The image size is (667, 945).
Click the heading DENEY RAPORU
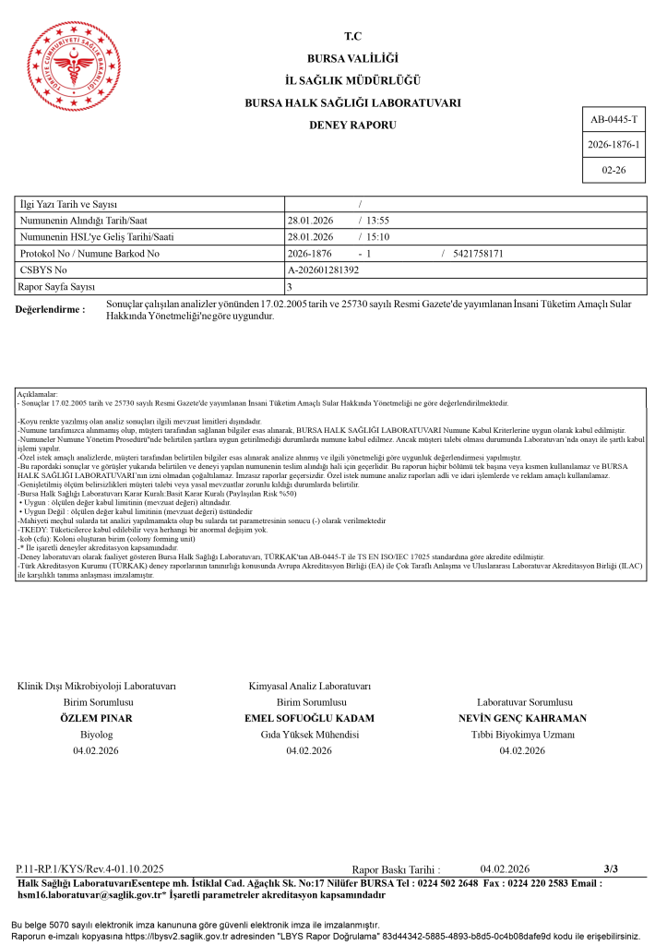(352, 124)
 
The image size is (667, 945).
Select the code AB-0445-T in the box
(613, 121)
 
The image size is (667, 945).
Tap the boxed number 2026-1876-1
(613, 146)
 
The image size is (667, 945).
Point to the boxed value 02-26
(613, 171)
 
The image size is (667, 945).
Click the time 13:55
(378, 220)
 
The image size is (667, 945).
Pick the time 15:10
(378, 236)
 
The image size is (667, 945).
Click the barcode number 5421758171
(479, 253)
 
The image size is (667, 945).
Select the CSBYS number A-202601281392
(323, 269)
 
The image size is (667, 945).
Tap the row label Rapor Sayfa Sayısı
(58, 286)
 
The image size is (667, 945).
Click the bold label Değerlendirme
(51, 309)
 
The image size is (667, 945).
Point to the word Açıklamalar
(38, 394)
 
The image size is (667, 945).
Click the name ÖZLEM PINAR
(96, 718)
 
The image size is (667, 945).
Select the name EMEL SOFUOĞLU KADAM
(309, 718)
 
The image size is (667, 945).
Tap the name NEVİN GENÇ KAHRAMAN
(522, 718)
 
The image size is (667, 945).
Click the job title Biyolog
(96, 735)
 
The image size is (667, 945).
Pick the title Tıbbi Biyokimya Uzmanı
(522, 735)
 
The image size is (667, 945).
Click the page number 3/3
(611, 868)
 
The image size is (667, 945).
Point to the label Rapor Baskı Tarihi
(396, 869)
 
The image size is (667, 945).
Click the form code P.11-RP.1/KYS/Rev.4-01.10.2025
(89, 869)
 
